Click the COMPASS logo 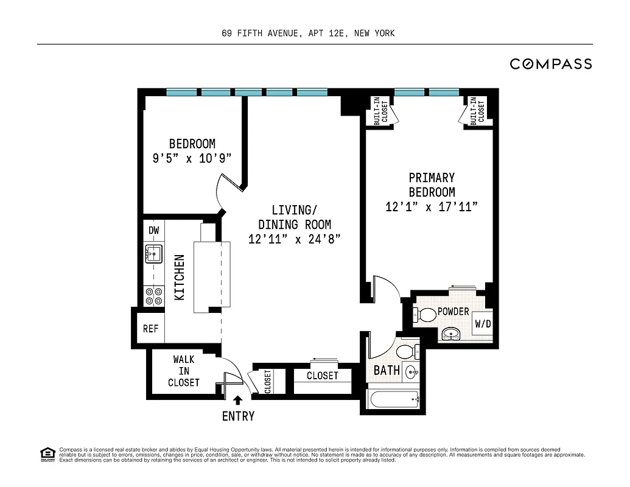tap(550, 64)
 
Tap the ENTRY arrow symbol tap(238, 400)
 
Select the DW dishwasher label tap(153, 230)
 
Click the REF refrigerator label tap(150, 329)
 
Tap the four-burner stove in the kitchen tap(153, 296)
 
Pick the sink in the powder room tap(451, 333)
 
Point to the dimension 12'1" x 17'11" tap(431, 207)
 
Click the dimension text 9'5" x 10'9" tap(192, 159)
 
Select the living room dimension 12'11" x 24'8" tap(293, 239)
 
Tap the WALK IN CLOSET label tap(183, 371)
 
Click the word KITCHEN tap(180, 278)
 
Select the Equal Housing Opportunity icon tap(46, 453)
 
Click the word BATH tap(387, 370)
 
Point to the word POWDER tap(453, 312)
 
